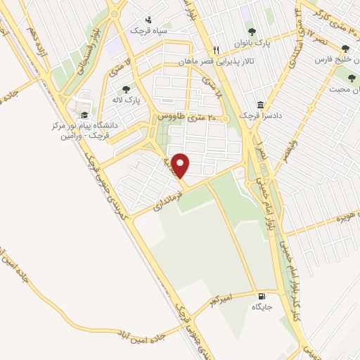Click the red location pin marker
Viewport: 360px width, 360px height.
click(181, 165)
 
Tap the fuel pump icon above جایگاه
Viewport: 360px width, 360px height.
click(262, 296)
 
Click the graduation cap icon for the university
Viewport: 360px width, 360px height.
click(84, 115)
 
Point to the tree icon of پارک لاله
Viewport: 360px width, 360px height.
click(126, 89)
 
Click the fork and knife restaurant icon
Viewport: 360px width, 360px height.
click(216, 50)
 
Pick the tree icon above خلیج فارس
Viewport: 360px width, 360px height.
click(345, 49)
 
